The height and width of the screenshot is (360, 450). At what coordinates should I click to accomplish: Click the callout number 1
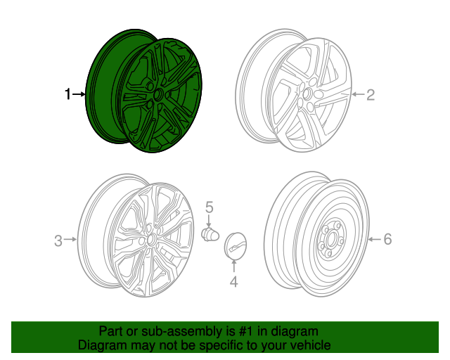[x=67, y=94]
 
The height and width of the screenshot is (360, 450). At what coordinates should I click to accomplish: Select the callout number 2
[x=371, y=94]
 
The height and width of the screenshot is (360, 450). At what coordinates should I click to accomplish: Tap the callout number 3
[x=58, y=240]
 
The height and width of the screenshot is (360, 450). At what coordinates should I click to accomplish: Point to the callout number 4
[x=234, y=282]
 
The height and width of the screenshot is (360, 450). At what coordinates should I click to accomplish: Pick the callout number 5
[x=209, y=207]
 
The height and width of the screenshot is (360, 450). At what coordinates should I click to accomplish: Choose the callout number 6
[x=387, y=240]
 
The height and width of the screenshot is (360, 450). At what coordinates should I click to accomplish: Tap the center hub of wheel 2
[x=308, y=94]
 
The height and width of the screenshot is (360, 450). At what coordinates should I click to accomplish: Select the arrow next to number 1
[x=79, y=94]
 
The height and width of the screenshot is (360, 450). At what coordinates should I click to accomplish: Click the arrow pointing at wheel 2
[x=357, y=94]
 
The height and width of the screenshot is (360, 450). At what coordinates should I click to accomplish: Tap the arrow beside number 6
[x=374, y=240]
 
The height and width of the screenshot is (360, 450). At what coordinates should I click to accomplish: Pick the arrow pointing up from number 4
[x=234, y=268]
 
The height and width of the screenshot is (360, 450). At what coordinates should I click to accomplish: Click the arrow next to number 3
[x=70, y=240]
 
